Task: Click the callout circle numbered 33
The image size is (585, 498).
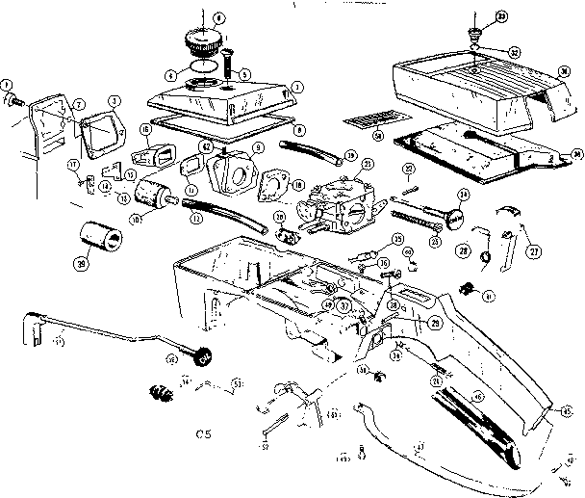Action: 474,15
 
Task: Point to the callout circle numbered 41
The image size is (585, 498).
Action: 489,296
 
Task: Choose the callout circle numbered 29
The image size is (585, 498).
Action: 436,323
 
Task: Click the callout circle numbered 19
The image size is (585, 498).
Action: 351,155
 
